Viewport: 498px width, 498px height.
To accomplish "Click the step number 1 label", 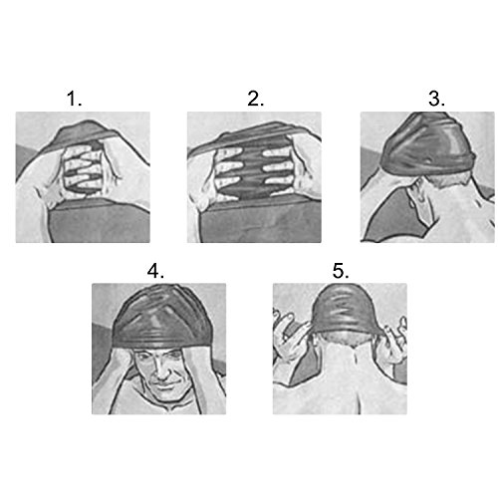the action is [74, 99].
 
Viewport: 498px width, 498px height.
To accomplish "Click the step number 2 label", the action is [255, 99].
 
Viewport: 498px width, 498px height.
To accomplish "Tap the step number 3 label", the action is [436, 99].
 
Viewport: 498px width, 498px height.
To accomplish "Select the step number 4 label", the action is [155, 271].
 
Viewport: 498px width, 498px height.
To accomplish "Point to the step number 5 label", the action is [341, 271].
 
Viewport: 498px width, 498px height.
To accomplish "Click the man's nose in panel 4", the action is [162, 372].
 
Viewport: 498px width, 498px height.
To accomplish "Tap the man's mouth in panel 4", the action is [164, 385].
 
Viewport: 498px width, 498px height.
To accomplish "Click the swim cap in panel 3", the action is [428, 146].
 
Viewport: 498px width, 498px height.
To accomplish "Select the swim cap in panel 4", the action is [161, 319].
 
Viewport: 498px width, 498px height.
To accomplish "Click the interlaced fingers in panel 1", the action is [84, 171].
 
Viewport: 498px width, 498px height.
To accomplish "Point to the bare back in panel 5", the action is [342, 381].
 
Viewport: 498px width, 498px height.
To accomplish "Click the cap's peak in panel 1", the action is [87, 123].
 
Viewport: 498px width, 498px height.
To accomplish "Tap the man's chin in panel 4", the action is [164, 395].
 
